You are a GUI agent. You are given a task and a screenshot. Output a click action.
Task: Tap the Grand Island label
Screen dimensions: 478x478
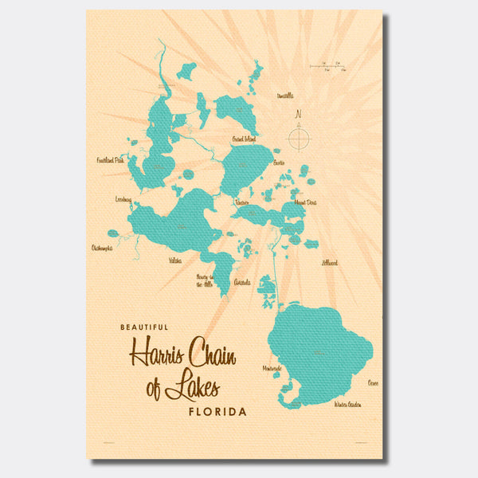tap(244, 140)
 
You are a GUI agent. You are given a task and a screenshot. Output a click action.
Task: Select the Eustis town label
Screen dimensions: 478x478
tap(279, 162)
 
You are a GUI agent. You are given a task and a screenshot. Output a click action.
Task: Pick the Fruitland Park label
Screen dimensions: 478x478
tap(111, 160)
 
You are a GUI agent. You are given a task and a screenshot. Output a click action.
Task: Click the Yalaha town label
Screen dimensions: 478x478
tap(174, 261)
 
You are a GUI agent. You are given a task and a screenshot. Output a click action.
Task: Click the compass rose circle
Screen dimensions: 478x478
tap(298, 139)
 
